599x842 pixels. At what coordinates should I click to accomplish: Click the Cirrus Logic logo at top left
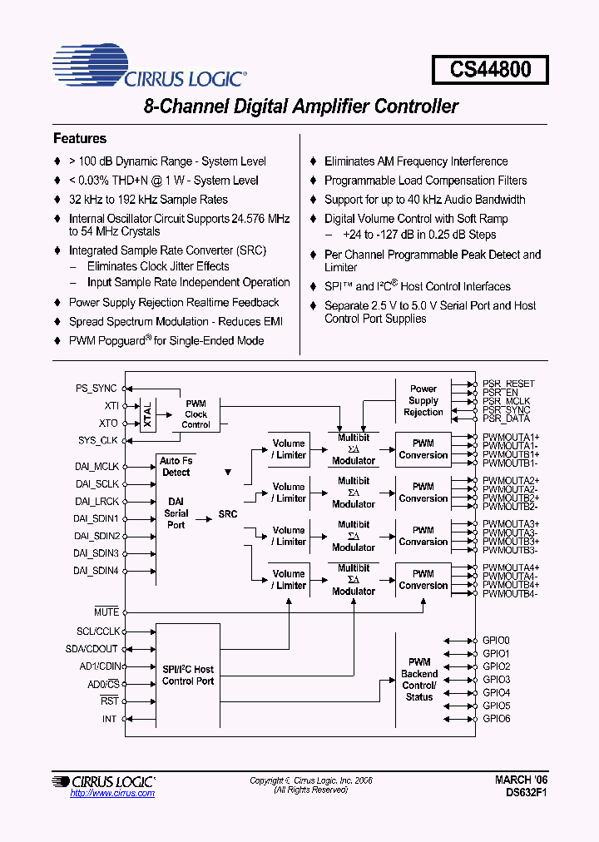150,68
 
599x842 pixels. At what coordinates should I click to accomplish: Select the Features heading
80,138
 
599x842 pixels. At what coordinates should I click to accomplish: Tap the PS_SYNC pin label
97,388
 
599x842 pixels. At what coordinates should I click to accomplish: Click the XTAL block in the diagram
148,414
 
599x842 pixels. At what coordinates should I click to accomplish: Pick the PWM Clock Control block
196,414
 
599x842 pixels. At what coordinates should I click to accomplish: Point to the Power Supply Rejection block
423,400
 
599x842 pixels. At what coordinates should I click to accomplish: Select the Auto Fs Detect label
176,467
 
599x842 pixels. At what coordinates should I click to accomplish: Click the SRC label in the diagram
227,514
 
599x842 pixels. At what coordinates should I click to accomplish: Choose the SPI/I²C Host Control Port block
188,675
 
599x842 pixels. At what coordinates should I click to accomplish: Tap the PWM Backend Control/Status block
419,679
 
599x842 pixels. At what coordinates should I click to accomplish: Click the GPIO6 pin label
497,718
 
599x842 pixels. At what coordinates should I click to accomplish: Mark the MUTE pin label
106,612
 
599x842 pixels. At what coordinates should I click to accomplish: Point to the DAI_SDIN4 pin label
96,571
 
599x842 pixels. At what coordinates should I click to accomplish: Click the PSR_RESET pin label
508,384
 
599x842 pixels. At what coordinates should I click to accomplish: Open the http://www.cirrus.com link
112,794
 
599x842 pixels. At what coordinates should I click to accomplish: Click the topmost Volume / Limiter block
289,449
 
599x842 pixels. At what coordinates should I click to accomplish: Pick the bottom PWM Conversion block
423,579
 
